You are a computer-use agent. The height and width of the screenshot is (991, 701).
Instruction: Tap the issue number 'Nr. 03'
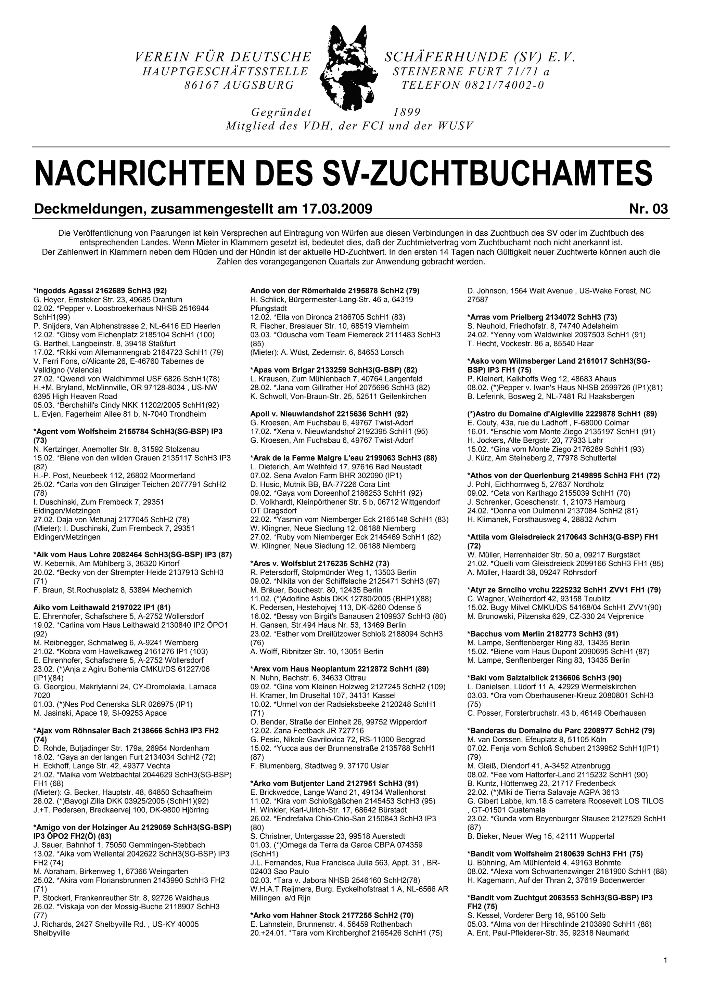(x=648, y=209)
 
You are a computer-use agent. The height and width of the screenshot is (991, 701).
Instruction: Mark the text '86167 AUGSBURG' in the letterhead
(x=239, y=85)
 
